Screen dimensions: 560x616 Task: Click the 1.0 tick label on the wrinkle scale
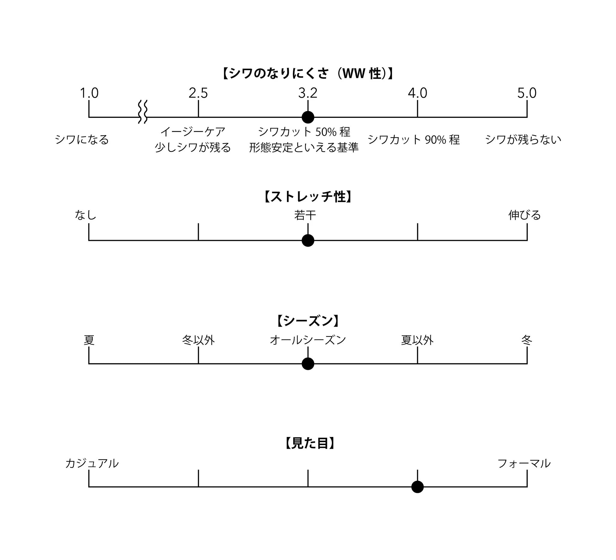point(89,93)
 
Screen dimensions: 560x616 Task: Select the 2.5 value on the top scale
point(198,93)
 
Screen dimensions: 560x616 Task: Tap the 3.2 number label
point(308,93)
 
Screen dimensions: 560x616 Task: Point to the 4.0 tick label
point(417,93)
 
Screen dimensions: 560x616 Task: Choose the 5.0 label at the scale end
point(527,93)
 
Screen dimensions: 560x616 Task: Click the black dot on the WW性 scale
point(308,117)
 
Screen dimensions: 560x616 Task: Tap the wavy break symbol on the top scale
point(143,112)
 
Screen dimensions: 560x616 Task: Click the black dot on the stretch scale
point(308,240)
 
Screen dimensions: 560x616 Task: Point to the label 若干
point(305,215)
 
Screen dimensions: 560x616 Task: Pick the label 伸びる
point(524,215)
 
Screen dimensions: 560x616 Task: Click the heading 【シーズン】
point(308,321)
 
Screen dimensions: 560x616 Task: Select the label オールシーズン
point(308,340)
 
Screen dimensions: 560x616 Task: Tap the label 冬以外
point(198,340)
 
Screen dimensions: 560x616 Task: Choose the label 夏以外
point(417,340)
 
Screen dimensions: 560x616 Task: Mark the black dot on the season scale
point(308,364)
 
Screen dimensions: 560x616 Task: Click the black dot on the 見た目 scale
point(417,487)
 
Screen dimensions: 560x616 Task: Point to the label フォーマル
point(524,463)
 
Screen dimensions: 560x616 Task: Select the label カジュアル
point(92,463)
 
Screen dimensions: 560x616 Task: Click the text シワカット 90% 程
point(413,140)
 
